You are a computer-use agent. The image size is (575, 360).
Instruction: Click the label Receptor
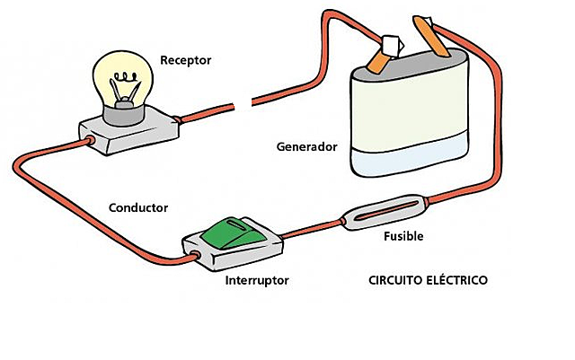click(x=185, y=60)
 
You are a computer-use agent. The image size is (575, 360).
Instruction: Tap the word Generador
click(x=308, y=145)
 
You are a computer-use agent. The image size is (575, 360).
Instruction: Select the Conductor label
click(x=137, y=207)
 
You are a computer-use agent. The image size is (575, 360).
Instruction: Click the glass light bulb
click(x=123, y=76)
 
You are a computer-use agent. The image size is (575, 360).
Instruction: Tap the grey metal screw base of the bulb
click(x=122, y=113)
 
